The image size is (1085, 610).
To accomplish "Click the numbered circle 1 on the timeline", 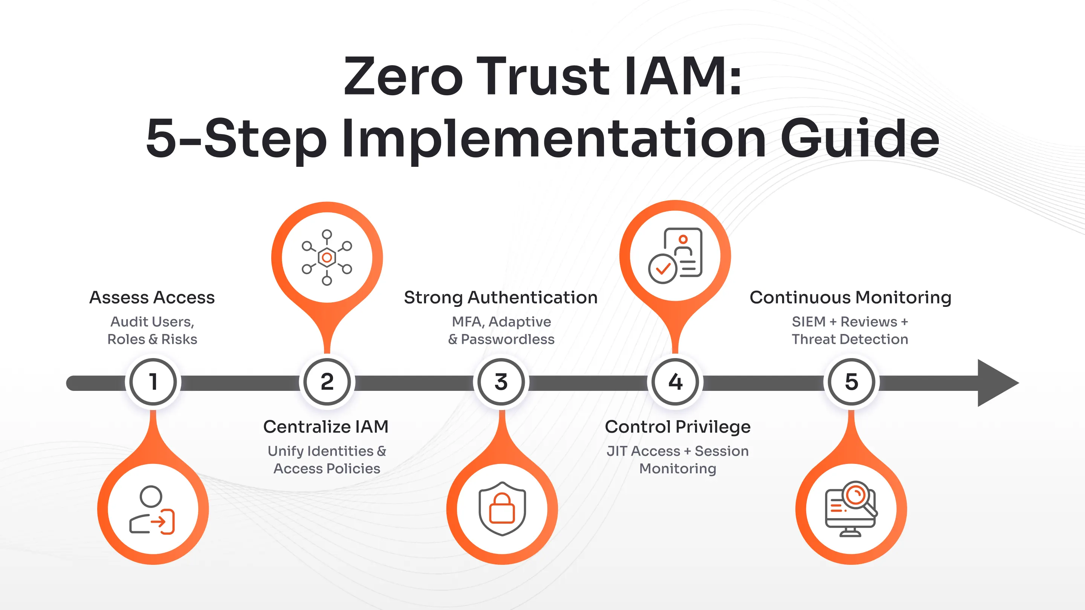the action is (153, 382).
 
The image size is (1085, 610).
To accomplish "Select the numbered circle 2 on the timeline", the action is (327, 382).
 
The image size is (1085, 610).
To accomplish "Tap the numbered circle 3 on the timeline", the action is (501, 382).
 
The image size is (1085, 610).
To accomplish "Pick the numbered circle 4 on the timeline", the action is (675, 382).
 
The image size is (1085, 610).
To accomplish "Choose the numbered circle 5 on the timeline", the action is (851, 382).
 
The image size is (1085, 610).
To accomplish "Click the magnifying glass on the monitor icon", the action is (857, 496).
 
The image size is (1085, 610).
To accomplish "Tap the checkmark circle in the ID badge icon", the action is (663, 268).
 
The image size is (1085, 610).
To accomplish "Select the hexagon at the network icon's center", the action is (327, 257).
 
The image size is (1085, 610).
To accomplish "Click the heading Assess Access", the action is (152, 297).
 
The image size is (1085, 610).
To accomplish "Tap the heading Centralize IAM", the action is (325, 427).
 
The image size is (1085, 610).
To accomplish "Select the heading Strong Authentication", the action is (501, 297).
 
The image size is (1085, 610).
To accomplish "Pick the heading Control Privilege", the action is (678, 427).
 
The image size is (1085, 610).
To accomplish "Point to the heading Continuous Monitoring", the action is (850, 297).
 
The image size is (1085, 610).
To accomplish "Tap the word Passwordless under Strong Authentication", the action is (507, 339).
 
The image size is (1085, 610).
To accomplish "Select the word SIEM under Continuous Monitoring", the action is (808, 322).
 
